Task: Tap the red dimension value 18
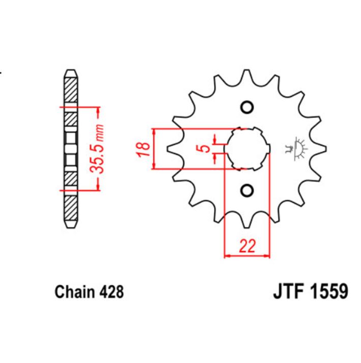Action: (x=145, y=148)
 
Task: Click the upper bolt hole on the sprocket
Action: (x=247, y=108)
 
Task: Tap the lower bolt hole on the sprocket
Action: (x=247, y=191)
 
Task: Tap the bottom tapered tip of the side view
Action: (x=70, y=224)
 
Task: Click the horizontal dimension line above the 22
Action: (x=247, y=256)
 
